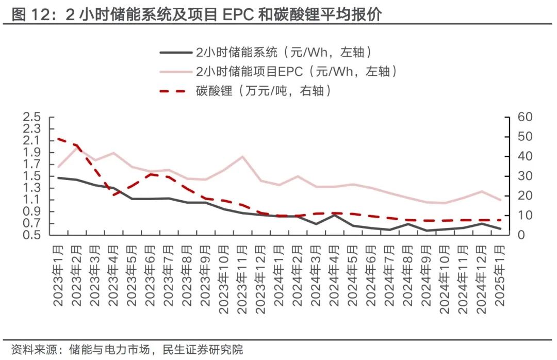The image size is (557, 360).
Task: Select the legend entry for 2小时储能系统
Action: point(283,52)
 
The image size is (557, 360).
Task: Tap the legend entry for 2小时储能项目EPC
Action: point(296,72)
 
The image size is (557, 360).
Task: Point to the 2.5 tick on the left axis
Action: point(31,117)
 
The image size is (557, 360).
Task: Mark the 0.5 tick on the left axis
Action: point(31,235)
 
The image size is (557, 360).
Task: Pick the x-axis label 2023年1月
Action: point(58,276)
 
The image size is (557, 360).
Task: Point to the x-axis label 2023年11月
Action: point(242,279)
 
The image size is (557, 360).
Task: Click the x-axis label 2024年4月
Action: point(334,276)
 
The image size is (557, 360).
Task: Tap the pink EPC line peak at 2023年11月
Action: point(242,156)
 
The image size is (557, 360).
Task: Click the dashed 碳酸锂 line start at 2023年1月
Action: point(58,138)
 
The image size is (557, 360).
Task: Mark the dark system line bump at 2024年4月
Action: point(334,215)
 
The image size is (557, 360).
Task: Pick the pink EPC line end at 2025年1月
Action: point(500,200)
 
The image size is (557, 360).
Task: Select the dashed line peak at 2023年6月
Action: point(150,174)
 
